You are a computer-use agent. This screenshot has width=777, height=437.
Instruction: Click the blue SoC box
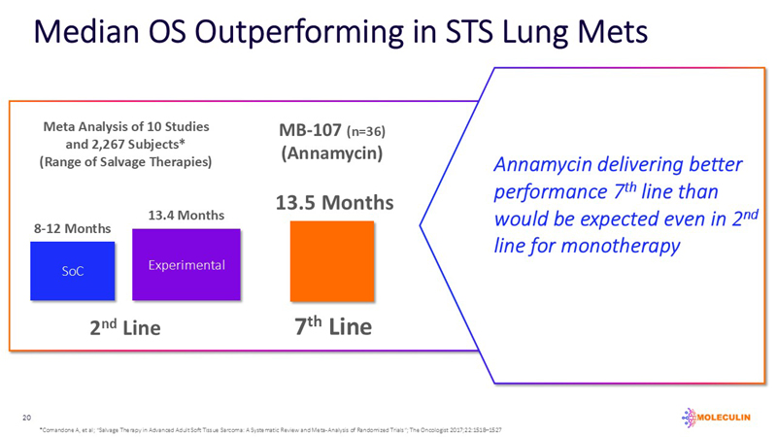73,271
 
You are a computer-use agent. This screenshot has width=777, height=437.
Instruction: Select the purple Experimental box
186,265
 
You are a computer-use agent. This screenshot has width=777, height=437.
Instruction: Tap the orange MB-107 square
332,260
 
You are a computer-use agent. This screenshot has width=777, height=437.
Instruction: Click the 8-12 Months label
73,228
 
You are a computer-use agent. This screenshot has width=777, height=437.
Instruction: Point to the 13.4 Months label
186,215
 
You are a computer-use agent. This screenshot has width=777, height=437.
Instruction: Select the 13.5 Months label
335,202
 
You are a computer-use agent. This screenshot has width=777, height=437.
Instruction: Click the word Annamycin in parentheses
333,153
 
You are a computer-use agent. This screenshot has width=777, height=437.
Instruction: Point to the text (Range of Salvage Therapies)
125,161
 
